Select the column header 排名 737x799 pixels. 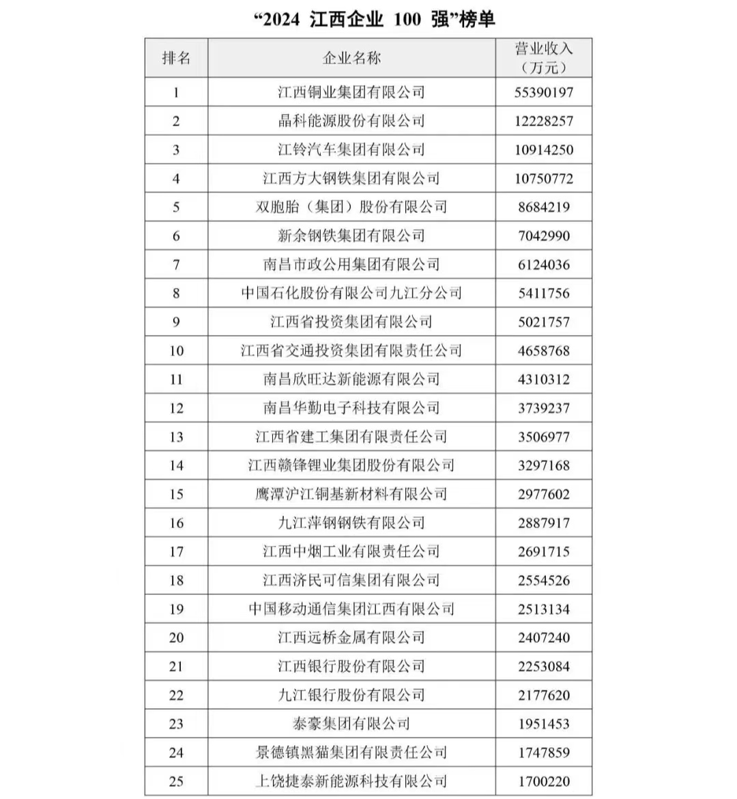coord(176,58)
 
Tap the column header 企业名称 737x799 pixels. coord(351,58)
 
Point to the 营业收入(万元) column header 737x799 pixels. coord(544,58)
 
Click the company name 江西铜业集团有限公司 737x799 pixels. coord(351,92)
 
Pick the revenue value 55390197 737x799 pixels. coord(544,92)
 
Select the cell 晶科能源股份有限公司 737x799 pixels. coord(351,121)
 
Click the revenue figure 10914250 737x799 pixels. coord(544,150)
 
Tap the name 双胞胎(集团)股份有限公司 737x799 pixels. coord(351,207)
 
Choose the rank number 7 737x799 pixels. coord(176,265)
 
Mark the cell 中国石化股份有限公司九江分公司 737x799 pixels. coord(351,293)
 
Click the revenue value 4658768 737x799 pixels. coord(544,351)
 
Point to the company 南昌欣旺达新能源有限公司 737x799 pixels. coord(351,379)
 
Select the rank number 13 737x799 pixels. coord(176,437)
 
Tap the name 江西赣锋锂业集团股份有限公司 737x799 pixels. coord(351,465)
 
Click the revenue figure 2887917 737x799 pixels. coord(544,523)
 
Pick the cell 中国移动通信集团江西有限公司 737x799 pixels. coord(351,609)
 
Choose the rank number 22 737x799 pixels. coord(176,695)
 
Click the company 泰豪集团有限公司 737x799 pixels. coord(351,724)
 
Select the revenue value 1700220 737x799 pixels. coord(544,781)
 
